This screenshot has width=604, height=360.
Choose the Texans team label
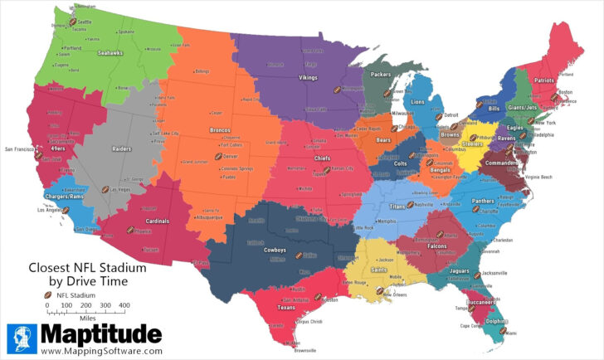point(286,307)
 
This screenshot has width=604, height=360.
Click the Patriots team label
point(544,80)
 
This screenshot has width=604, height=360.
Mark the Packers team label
point(381,74)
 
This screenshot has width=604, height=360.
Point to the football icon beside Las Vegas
point(105,189)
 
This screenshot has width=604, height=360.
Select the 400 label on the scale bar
point(124,305)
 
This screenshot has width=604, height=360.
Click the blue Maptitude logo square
point(22,339)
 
